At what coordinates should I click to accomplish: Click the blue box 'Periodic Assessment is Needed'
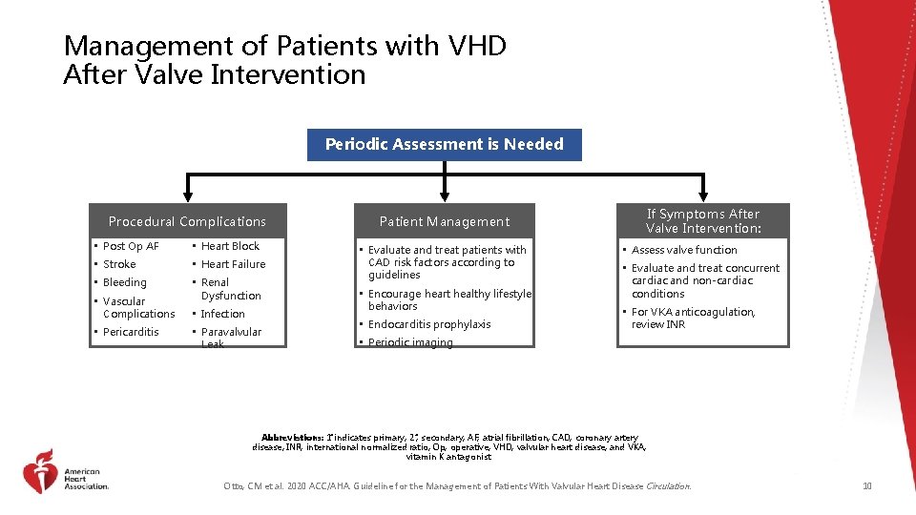coord(445,145)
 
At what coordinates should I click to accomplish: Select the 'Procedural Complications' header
coord(187,221)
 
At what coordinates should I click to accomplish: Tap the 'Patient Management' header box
coord(445,221)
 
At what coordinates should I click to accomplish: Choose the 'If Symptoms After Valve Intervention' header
coord(702,221)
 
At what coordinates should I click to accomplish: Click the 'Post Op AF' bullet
coord(131,246)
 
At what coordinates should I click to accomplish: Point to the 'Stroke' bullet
coord(119,264)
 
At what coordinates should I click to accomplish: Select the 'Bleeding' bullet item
coord(125,282)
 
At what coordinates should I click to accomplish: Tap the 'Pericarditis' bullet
coord(131,332)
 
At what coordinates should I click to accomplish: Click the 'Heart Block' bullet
coord(230,246)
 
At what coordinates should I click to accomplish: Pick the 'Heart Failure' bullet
coord(233,264)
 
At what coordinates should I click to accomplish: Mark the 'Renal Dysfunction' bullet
coord(230,289)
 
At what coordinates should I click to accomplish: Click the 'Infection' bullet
coord(222,314)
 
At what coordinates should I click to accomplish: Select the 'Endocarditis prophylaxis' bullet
coord(429,324)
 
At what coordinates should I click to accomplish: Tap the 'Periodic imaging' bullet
coord(410,342)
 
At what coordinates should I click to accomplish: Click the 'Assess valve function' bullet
coord(684,250)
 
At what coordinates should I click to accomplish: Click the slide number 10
coord(866,486)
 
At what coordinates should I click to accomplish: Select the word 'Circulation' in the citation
coord(667,486)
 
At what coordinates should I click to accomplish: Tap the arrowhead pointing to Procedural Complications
coord(186,197)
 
